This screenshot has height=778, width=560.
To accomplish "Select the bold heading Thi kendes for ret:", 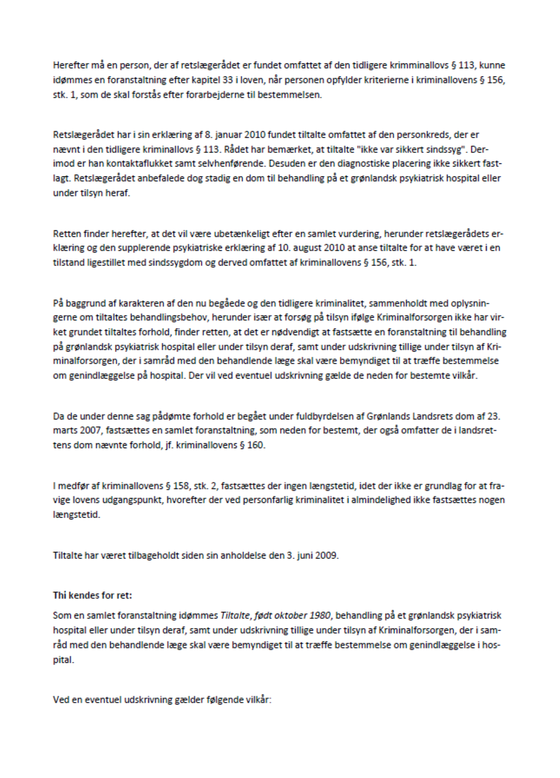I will [92, 596].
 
